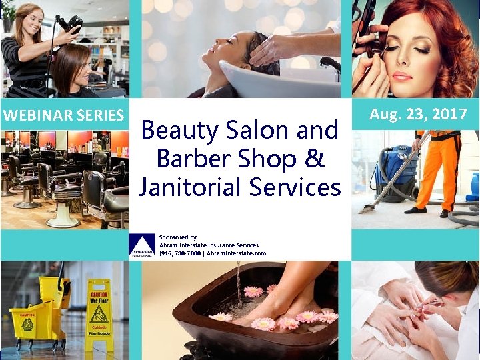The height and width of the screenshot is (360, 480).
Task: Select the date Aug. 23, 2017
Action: click(x=418, y=114)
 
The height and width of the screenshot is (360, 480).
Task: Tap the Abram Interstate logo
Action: click(x=141, y=246)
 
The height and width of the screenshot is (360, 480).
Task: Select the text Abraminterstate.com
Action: click(x=236, y=253)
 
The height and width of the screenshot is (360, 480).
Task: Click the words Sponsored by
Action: click(x=177, y=237)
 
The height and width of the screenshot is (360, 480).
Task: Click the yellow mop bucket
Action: click(x=33, y=323)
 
